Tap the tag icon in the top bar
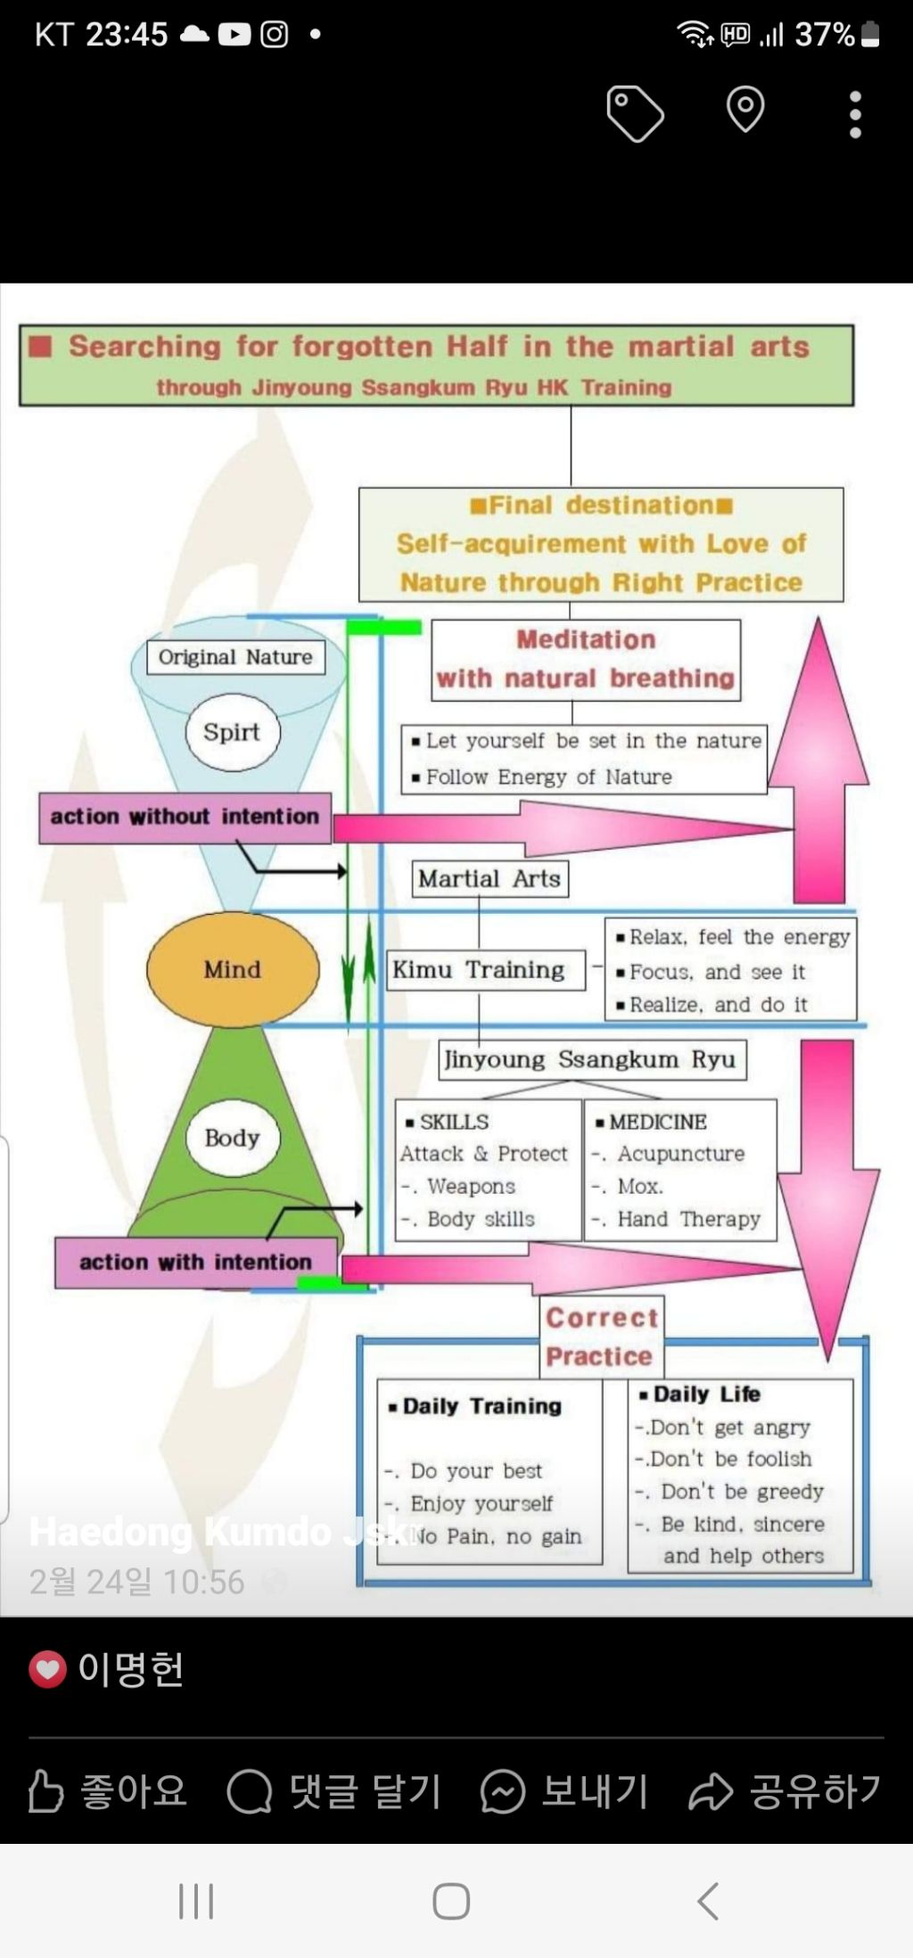point(635,113)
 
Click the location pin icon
point(745,110)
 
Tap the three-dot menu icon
point(855,114)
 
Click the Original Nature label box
point(235,657)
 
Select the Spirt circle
point(233,732)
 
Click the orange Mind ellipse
point(233,969)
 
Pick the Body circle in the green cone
point(232,1138)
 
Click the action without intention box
point(185,817)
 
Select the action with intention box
point(195,1262)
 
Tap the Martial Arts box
point(489,879)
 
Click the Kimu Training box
point(479,970)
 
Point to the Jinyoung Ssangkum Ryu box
point(591,1060)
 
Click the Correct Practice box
point(601,1337)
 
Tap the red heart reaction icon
point(48,1669)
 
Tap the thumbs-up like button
point(46,1791)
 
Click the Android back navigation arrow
point(708,1901)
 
